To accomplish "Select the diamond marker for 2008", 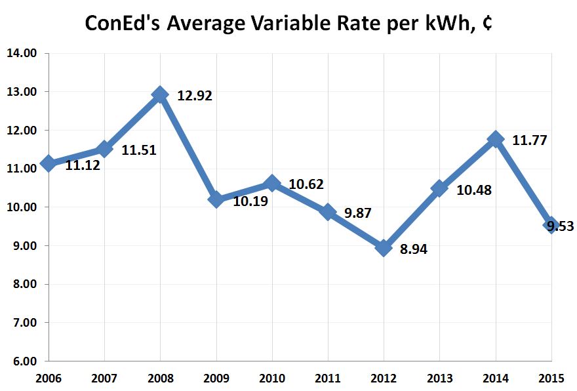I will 159,94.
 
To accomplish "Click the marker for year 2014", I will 495,140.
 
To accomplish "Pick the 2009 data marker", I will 216,199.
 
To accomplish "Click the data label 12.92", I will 195,96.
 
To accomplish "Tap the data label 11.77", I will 529,140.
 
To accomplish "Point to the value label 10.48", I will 473,190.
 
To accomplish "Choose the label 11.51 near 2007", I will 139,150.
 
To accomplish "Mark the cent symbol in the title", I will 487,24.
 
